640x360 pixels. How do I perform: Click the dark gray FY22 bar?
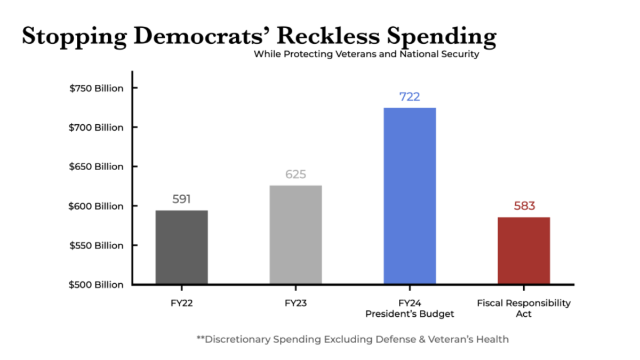(x=181, y=247)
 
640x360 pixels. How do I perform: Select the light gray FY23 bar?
(x=295, y=235)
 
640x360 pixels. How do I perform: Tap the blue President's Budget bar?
(x=410, y=196)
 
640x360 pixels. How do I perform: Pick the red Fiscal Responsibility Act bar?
(x=524, y=250)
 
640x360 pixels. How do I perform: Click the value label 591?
(x=181, y=199)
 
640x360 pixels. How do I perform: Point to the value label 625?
(x=295, y=174)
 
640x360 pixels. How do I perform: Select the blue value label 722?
(x=410, y=97)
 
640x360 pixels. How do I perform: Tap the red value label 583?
(x=524, y=206)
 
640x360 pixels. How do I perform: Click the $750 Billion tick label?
(x=96, y=89)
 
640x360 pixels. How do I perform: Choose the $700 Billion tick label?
(x=96, y=127)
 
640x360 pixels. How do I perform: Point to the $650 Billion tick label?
(x=96, y=167)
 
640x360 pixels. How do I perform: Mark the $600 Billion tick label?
(x=96, y=206)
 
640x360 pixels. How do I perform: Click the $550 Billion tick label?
(x=96, y=246)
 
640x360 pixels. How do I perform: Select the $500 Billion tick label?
(x=96, y=285)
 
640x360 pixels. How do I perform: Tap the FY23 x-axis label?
(x=295, y=303)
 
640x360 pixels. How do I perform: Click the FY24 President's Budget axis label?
(x=410, y=309)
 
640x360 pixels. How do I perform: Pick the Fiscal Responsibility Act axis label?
(x=524, y=308)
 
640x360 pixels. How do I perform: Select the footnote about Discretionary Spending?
(x=353, y=339)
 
